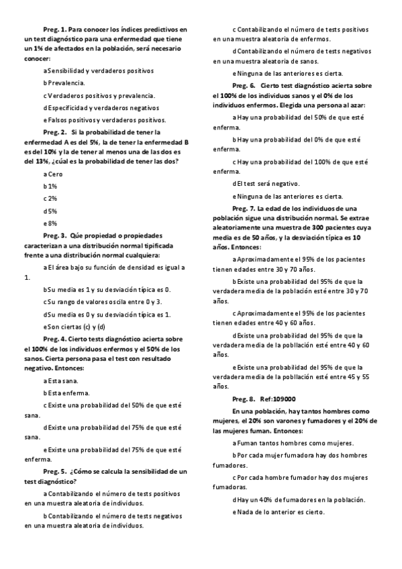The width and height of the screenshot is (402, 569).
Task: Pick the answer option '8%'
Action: [x=52, y=223]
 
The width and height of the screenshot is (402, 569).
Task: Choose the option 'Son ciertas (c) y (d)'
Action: [x=74, y=327]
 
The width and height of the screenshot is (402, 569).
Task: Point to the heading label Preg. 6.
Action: [x=244, y=87]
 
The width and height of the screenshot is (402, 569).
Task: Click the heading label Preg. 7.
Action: [x=244, y=209]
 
